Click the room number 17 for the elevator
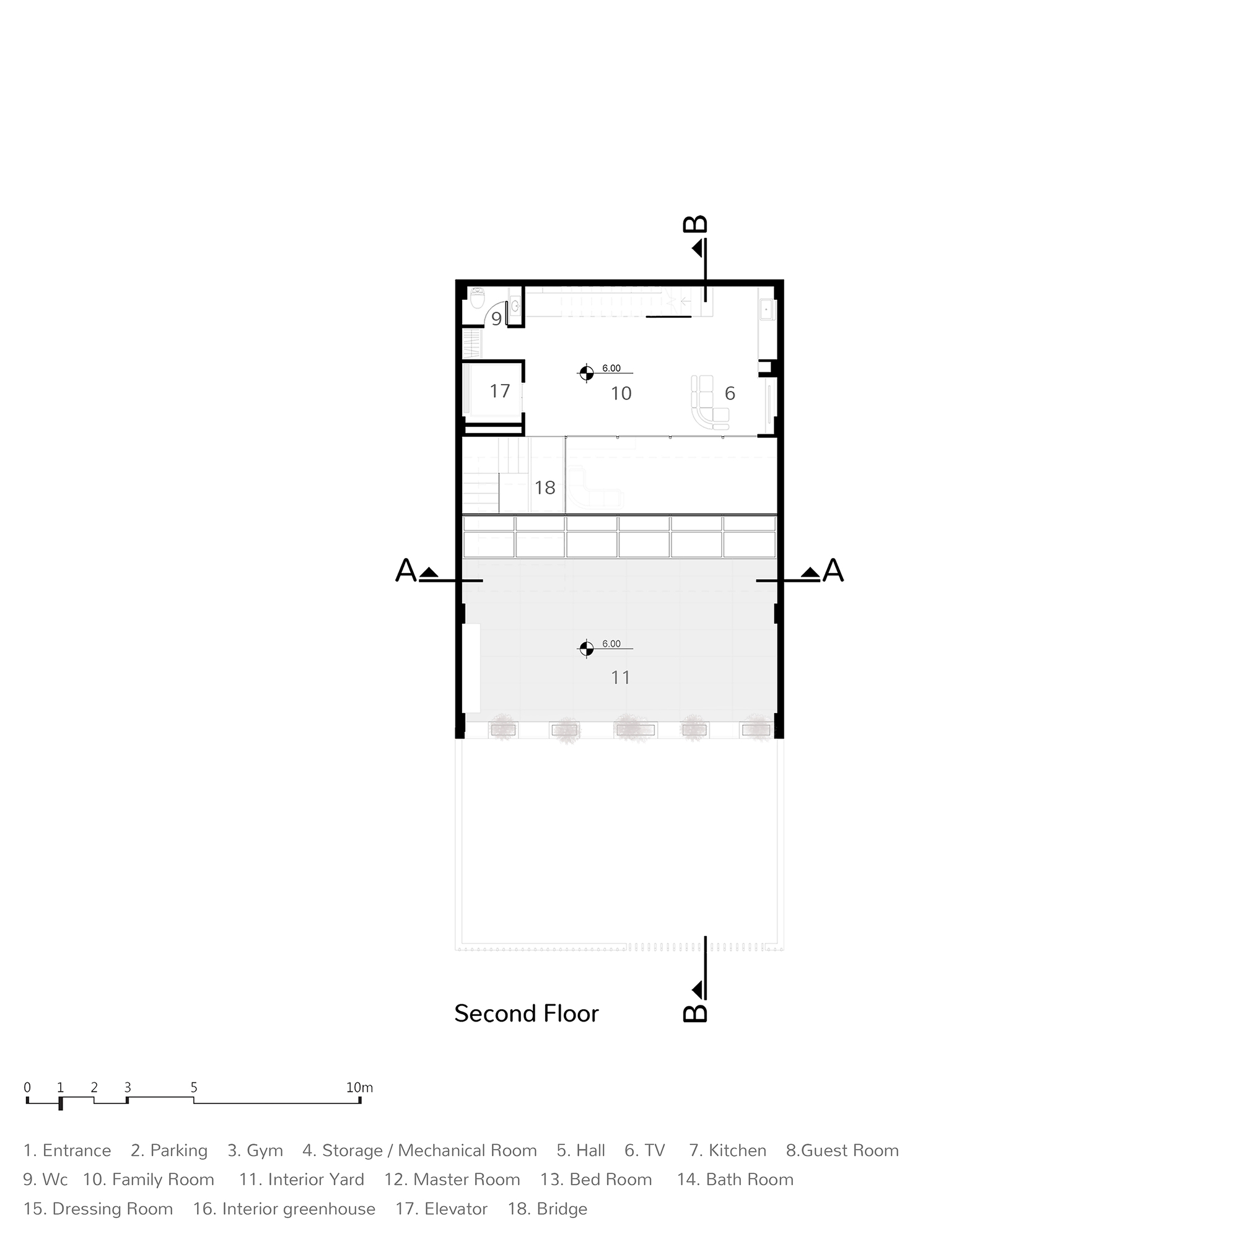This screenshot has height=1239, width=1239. [499, 390]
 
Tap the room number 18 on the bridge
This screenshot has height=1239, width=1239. [545, 488]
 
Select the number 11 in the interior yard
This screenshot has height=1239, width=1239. [620, 677]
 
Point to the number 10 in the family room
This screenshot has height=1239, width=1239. [621, 393]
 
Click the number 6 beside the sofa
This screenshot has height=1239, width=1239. [729, 393]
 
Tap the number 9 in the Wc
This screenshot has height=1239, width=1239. [496, 318]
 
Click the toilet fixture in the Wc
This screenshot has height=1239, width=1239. [478, 298]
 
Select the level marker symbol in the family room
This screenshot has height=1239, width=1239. [586, 372]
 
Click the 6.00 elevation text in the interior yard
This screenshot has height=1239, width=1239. [611, 643]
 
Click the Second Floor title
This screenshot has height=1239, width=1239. [526, 1014]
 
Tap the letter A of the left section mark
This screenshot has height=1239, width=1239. [405, 570]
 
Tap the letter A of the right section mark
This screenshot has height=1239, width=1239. [833, 570]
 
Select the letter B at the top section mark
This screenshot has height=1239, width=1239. [695, 224]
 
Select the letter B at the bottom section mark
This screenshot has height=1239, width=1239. [695, 1013]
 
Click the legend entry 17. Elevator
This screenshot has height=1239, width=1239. [441, 1209]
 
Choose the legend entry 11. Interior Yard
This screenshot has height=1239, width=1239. [302, 1180]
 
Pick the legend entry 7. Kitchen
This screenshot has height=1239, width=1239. [727, 1150]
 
